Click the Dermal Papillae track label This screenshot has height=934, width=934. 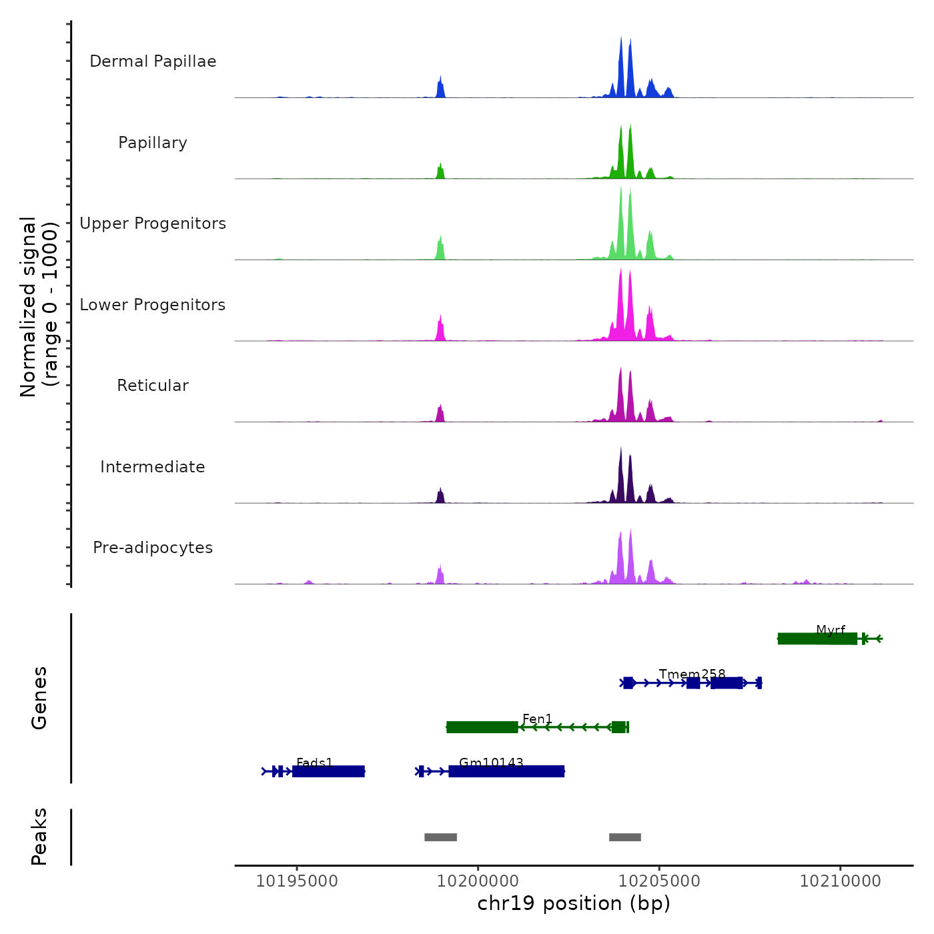153,61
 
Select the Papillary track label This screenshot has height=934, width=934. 153,143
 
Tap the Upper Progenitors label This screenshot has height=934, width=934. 153,223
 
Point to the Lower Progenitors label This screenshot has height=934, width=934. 153,305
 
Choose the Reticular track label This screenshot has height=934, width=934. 153,386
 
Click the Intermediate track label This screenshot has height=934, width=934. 153,467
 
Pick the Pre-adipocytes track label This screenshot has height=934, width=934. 153,548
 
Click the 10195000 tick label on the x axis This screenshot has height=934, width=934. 297,881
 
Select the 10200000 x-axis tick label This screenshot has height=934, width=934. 478,881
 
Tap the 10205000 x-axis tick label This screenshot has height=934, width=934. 659,881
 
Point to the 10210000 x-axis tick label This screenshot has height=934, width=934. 841,881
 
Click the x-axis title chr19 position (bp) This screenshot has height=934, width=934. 574,903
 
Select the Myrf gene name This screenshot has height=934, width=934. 831,630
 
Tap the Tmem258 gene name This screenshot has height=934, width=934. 692,674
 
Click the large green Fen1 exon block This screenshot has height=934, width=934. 482,727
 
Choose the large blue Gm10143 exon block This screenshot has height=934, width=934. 506,772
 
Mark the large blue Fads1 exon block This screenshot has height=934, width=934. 328,772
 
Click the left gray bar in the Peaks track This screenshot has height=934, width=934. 440,837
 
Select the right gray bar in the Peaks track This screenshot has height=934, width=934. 625,837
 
